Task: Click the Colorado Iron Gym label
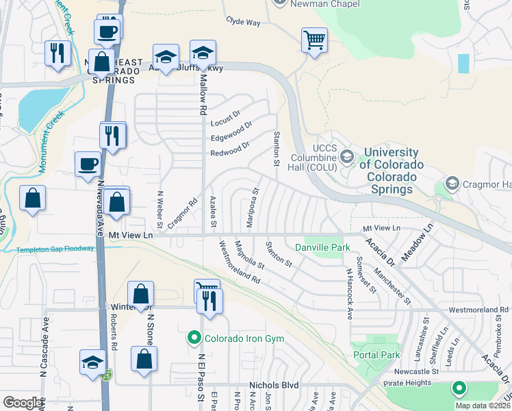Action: [x=246, y=337]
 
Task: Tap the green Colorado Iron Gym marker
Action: [x=194, y=337]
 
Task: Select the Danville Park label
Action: [x=322, y=247]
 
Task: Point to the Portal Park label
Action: [x=376, y=355]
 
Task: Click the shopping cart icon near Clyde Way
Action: [x=314, y=39]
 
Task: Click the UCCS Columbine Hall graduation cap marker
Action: [x=347, y=157]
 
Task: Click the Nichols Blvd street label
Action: [x=274, y=385]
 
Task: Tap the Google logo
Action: [x=23, y=403]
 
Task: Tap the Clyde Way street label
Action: [x=244, y=22]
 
